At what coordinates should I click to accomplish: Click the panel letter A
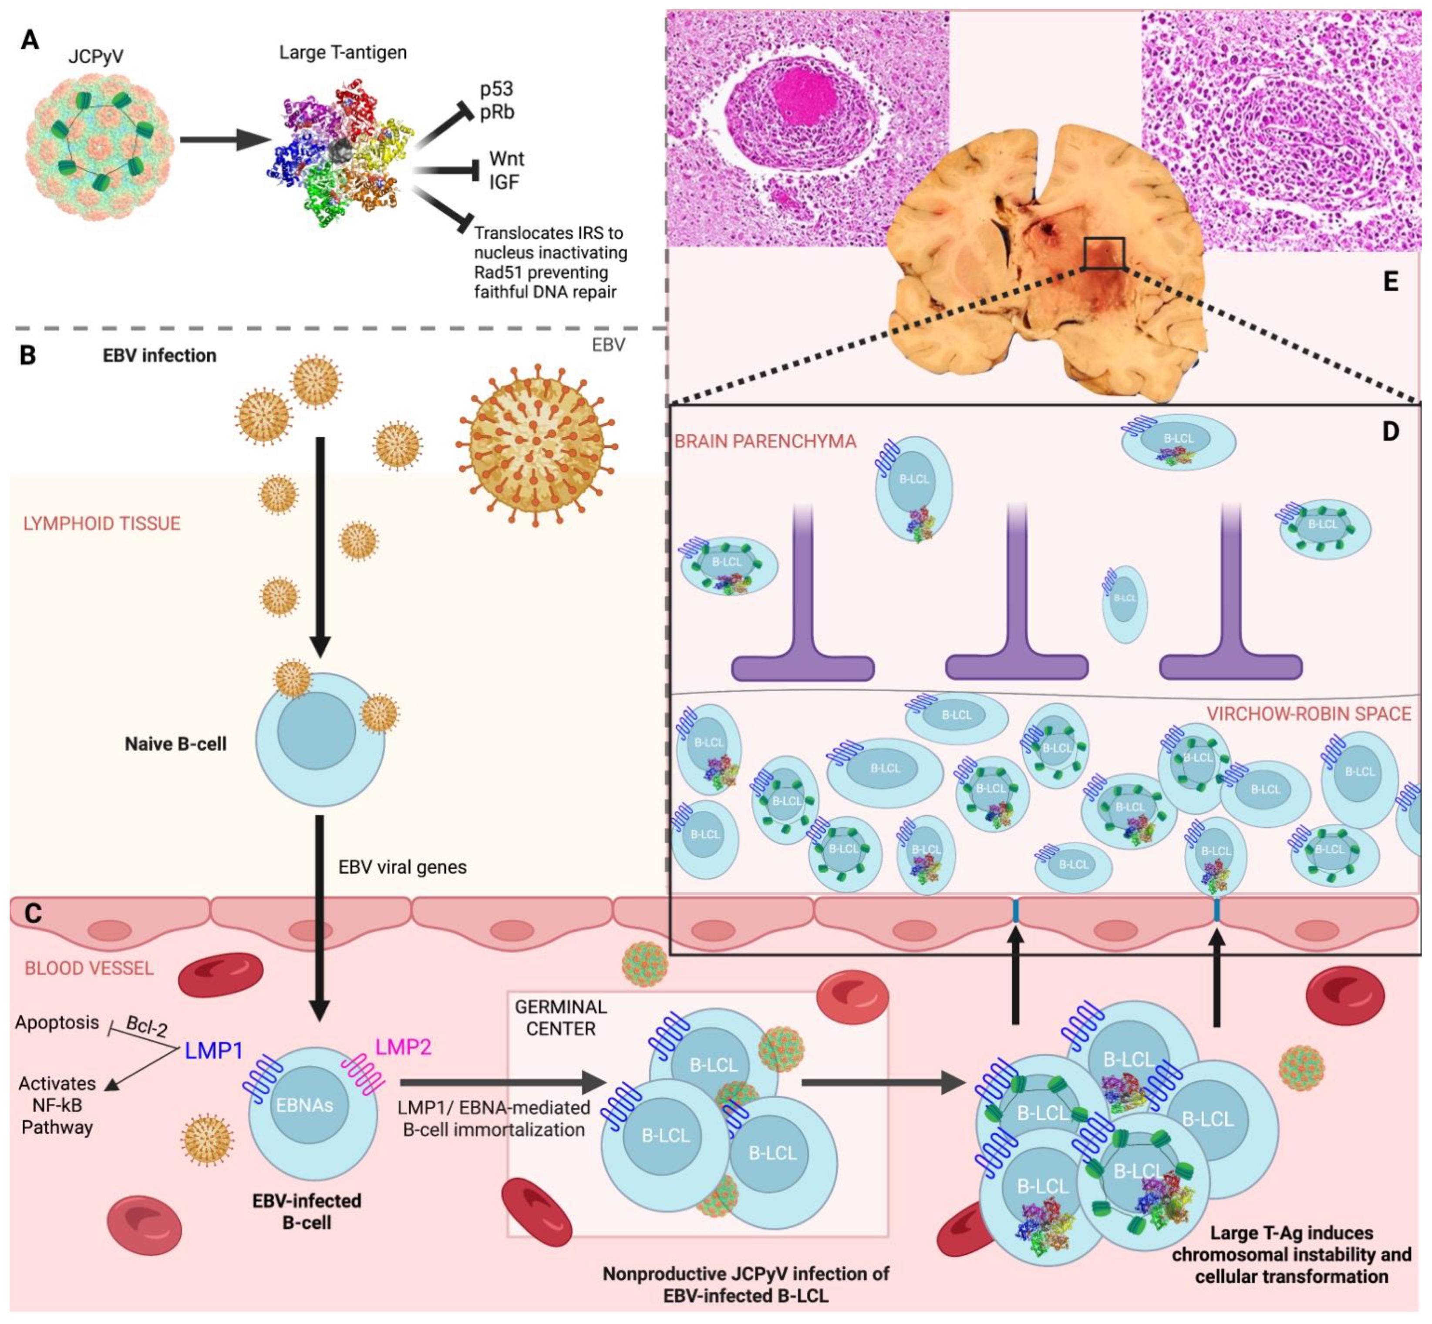[29, 40]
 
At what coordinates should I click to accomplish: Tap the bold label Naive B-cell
[175, 744]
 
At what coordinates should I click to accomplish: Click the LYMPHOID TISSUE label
[102, 524]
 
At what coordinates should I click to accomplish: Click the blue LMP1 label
[214, 1051]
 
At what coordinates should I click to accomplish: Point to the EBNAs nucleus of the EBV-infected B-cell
[305, 1105]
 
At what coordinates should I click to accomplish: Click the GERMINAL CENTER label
[560, 1017]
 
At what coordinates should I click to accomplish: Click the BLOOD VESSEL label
[89, 969]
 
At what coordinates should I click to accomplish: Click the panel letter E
[1391, 282]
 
